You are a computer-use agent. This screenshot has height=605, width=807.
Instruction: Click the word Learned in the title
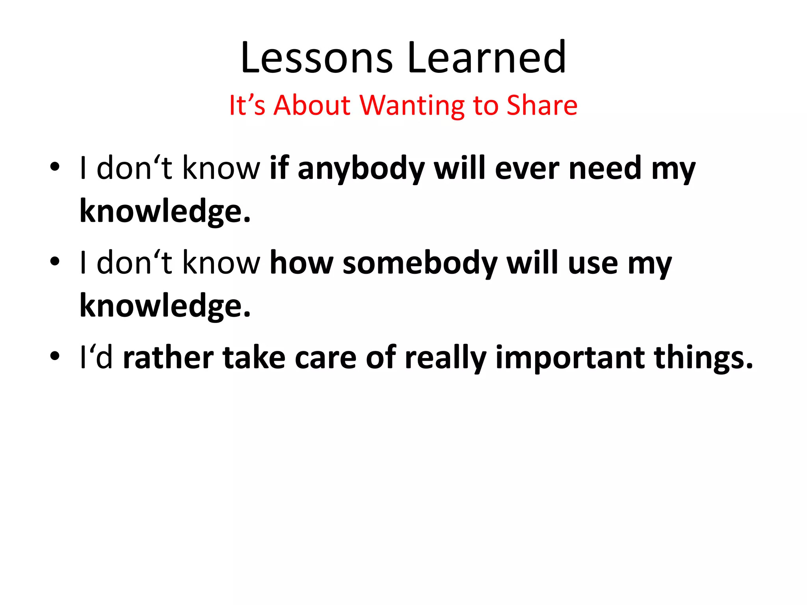point(487,58)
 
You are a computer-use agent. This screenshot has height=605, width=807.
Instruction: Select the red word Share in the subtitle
point(542,106)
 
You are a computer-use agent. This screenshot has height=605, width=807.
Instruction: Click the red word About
point(312,106)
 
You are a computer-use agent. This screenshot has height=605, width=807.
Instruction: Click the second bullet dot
point(55,261)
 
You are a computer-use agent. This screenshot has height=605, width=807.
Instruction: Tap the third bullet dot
point(55,356)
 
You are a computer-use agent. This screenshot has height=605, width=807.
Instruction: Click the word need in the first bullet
point(605,169)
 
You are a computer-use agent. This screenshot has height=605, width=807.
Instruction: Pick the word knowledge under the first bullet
point(165,212)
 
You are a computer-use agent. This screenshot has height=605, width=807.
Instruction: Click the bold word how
point(301,263)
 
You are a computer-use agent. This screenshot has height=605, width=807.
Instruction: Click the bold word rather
point(168,358)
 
